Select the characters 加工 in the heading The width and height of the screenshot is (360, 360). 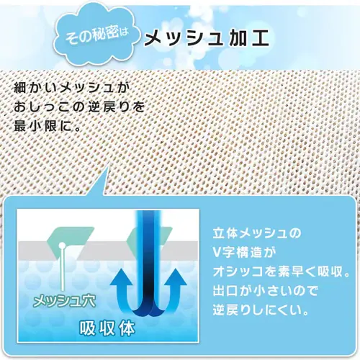pos(251,37)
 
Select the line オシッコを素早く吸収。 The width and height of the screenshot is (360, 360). pos(276,273)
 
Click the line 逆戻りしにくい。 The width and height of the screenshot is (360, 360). pos(263,312)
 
